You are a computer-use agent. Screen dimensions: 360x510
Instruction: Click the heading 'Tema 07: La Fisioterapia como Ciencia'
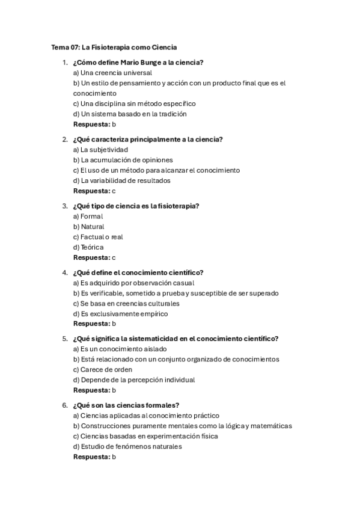click(x=114, y=47)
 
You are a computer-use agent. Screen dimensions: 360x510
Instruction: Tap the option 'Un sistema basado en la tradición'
click(x=130, y=114)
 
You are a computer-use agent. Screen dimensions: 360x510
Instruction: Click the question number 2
click(x=64, y=140)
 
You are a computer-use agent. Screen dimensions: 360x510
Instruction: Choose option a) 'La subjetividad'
click(x=100, y=150)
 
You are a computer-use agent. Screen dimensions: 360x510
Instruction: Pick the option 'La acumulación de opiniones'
click(x=123, y=160)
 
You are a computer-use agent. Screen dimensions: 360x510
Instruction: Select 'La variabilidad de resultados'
click(x=121, y=180)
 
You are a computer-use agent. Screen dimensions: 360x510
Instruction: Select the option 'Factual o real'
click(x=98, y=237)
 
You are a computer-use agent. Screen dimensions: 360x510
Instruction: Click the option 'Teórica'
click(x=88, y=247)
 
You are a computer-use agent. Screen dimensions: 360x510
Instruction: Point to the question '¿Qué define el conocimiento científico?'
click(x=138, y=272)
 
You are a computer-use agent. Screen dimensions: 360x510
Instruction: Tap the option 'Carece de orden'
click(x=102, y=369)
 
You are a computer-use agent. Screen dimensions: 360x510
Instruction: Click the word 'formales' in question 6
click(x=161, y=405)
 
